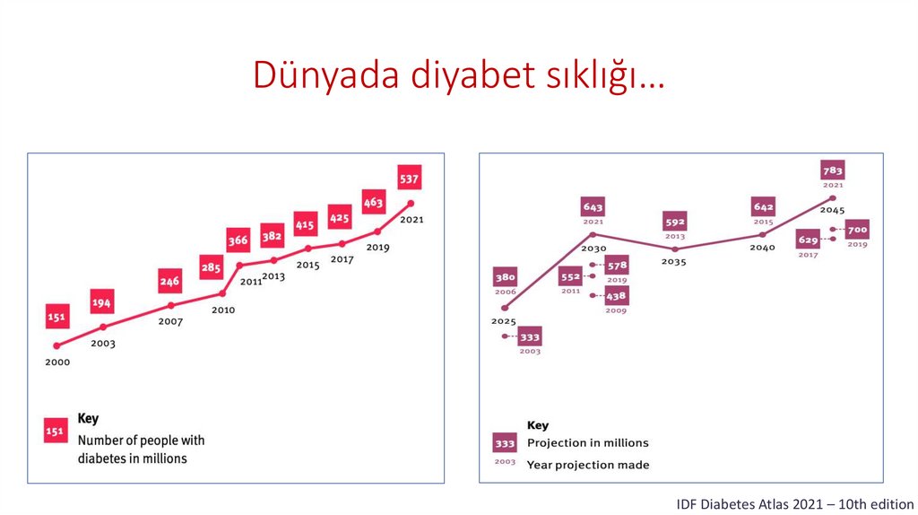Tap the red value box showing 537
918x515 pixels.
409,178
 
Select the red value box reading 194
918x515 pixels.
102,303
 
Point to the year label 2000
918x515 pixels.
56,362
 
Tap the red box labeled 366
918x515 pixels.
238,240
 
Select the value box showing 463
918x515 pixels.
373,203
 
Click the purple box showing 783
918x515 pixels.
833,170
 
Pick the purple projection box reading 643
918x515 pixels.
593,207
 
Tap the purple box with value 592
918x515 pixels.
674,222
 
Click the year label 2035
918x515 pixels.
673,262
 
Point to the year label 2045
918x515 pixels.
832,210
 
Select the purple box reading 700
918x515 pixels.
857,230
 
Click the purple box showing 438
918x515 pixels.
616,295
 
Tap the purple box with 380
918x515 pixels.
505,277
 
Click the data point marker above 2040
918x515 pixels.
763,235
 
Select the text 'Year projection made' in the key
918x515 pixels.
587,465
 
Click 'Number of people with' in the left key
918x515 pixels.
141,440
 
